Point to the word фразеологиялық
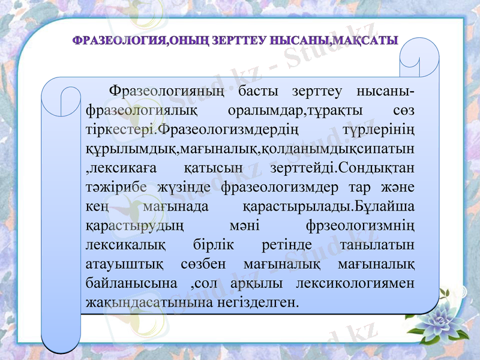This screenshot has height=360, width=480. [x=136, y=111]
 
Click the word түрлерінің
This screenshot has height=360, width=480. [x=380, y=130]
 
